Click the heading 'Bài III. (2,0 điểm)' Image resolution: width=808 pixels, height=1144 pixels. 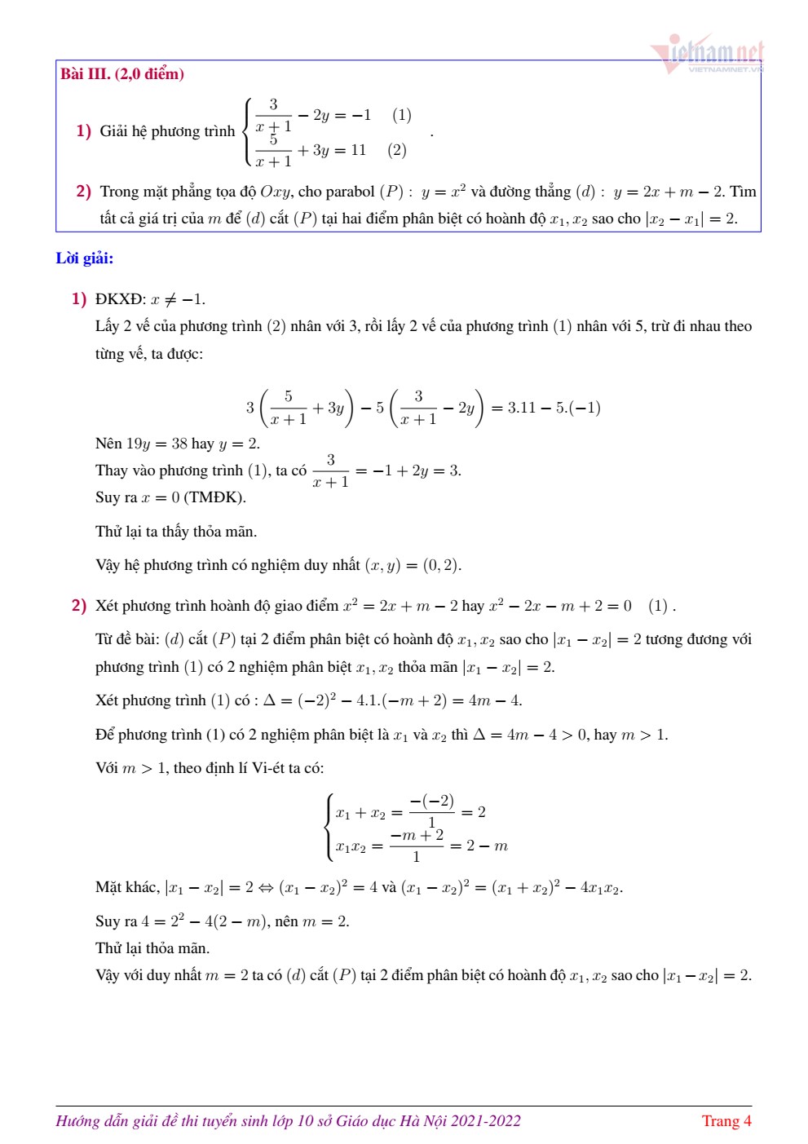point(122,74)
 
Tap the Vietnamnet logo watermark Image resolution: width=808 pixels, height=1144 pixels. point(708,54)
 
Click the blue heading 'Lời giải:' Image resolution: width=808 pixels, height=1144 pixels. point(85,258)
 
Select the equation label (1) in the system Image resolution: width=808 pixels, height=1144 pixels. point(401,115)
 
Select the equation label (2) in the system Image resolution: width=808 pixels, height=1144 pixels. point(397,150)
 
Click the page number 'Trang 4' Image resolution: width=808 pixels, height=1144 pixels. point(726,1121)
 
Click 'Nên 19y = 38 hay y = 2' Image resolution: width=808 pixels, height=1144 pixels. point(178,444)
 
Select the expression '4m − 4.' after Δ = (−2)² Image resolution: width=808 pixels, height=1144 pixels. point(495,700)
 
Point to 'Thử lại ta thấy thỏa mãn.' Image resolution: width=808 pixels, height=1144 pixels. point(176,532)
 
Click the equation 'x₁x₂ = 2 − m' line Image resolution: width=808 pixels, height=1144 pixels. point(422,846)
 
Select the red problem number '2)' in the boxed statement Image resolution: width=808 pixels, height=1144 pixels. point(83,192)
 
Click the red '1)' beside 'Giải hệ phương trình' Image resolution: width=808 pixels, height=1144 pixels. point(83,131)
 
